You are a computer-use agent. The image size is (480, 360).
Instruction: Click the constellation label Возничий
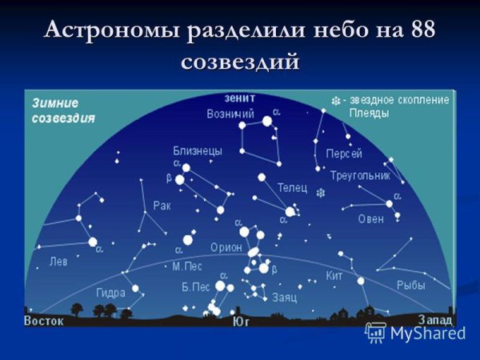(x=225, y=114)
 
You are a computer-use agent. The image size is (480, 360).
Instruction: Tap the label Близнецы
(x=198, y=150)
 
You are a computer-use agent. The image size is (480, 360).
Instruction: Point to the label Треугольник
(x=359, y=174)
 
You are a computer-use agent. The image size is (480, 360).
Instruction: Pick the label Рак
(x=162, y=206)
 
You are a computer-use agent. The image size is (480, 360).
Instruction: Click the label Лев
(x=58, y=262)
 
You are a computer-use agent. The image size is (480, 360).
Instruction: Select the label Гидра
(x=110, y=292)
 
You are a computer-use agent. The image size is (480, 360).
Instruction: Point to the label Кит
(x=334, y=276)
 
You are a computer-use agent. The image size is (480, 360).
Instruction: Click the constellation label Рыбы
(x=410, y=284)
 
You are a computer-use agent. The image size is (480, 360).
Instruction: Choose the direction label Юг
(x=240, y=322)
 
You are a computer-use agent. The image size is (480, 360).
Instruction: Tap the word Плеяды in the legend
(x=369, y=114)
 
